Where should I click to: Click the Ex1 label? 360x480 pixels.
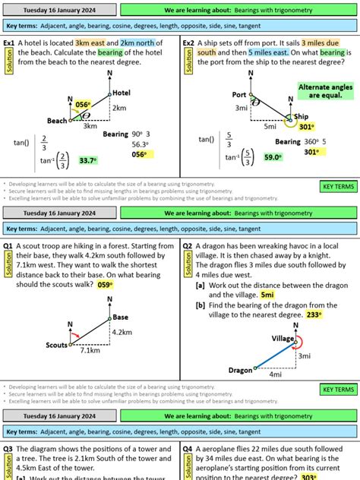pyautogui.click(x=10, y=43)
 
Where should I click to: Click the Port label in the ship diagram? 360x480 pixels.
pyautogui.click(x=240, y=94)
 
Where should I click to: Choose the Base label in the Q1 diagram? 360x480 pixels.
pyautogui.click(x=120, y=317)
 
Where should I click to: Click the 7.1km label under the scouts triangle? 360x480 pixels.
pyautogui.click(x=90, y=351)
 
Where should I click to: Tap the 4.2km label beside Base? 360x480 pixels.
pyautogui.click(x=123, y=332)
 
